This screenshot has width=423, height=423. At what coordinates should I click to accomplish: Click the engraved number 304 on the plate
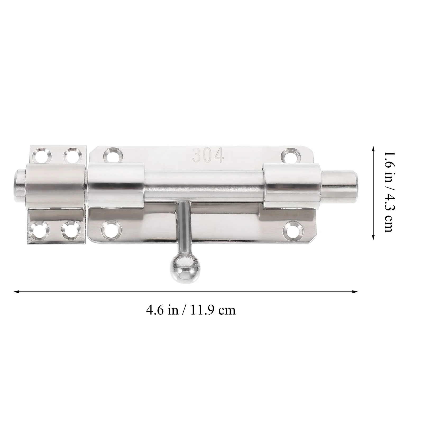(208, 156)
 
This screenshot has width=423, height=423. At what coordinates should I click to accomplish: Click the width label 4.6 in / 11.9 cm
(191, 310)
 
